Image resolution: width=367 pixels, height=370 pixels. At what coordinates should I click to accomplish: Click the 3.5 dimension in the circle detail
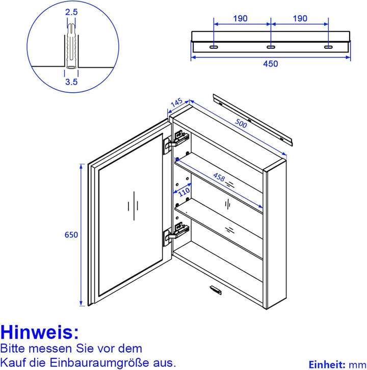click(x=72, y=80)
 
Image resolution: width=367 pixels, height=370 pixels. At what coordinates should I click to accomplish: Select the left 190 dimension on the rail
click(x=240, y=18)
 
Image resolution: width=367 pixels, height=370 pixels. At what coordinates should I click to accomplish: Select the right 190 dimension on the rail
click(x=300, y=18)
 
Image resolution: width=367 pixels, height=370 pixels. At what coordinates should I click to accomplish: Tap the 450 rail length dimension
click(x=270, y=64)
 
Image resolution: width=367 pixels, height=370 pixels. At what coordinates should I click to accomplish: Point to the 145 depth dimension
click(x=176, y=103)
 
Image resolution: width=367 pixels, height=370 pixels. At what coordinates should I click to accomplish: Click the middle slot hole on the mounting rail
click(x=270, y=47)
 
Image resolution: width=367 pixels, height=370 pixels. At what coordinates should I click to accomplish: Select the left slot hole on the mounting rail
click(x=213, y=47)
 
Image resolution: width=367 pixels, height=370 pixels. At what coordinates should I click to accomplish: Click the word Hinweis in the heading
click(x=40, y=332)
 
